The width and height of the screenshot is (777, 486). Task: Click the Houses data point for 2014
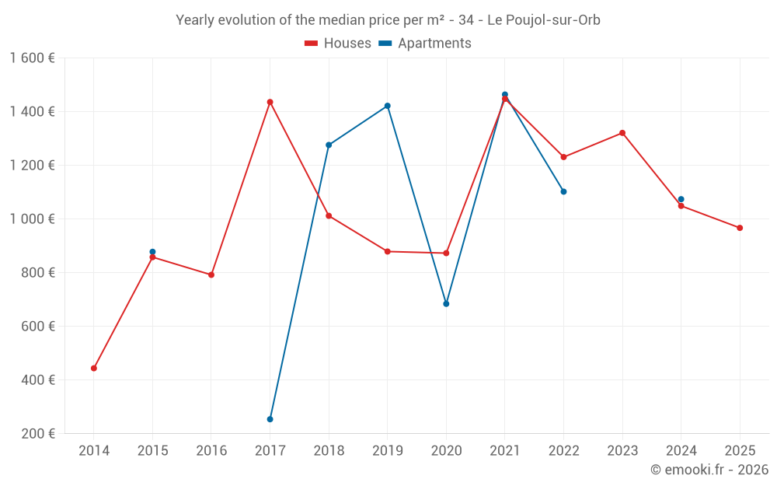tap(94, 368)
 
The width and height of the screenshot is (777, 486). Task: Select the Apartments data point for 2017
tap(270, 419)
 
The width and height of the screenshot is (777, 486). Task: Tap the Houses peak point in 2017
tap(270, 102)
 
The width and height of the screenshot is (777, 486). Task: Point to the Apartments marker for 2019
tap(388, 106)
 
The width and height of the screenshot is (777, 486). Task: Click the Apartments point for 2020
tap(446, 304)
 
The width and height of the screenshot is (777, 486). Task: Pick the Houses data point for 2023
tap(622, 133)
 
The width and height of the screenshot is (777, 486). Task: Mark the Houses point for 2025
tap(740, 228)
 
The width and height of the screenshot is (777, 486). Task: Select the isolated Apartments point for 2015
tap(152, 252)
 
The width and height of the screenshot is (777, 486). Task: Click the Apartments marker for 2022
tap(563, 191)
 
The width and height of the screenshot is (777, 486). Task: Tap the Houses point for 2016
tap(211, 274)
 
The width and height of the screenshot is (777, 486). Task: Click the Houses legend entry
tap(338, 44)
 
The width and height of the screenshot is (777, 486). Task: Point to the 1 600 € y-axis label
tap(32, 58)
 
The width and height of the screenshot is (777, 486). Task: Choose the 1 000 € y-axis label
tap(32, 219)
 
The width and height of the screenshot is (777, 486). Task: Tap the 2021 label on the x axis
tap(505, 451)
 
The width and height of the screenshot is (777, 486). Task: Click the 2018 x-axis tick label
tap(329, 451)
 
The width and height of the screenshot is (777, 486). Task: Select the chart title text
tap(388, 20)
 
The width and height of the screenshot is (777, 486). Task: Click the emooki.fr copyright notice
tap(709, 470)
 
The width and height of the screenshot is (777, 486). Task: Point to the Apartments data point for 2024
tap(681, 199)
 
